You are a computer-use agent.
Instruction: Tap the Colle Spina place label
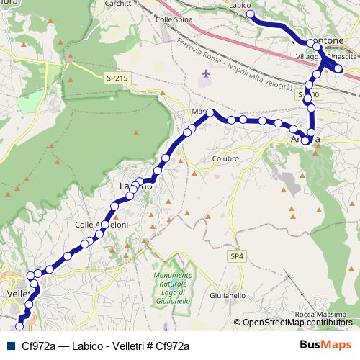(x=174, y=19)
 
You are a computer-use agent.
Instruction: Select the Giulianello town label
(x=227, y=296)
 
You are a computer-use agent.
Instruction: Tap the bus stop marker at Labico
(x=251, y=14)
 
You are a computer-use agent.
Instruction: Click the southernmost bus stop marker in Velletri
(x=19, y=326)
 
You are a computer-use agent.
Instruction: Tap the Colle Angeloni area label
(x=102, y=225)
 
